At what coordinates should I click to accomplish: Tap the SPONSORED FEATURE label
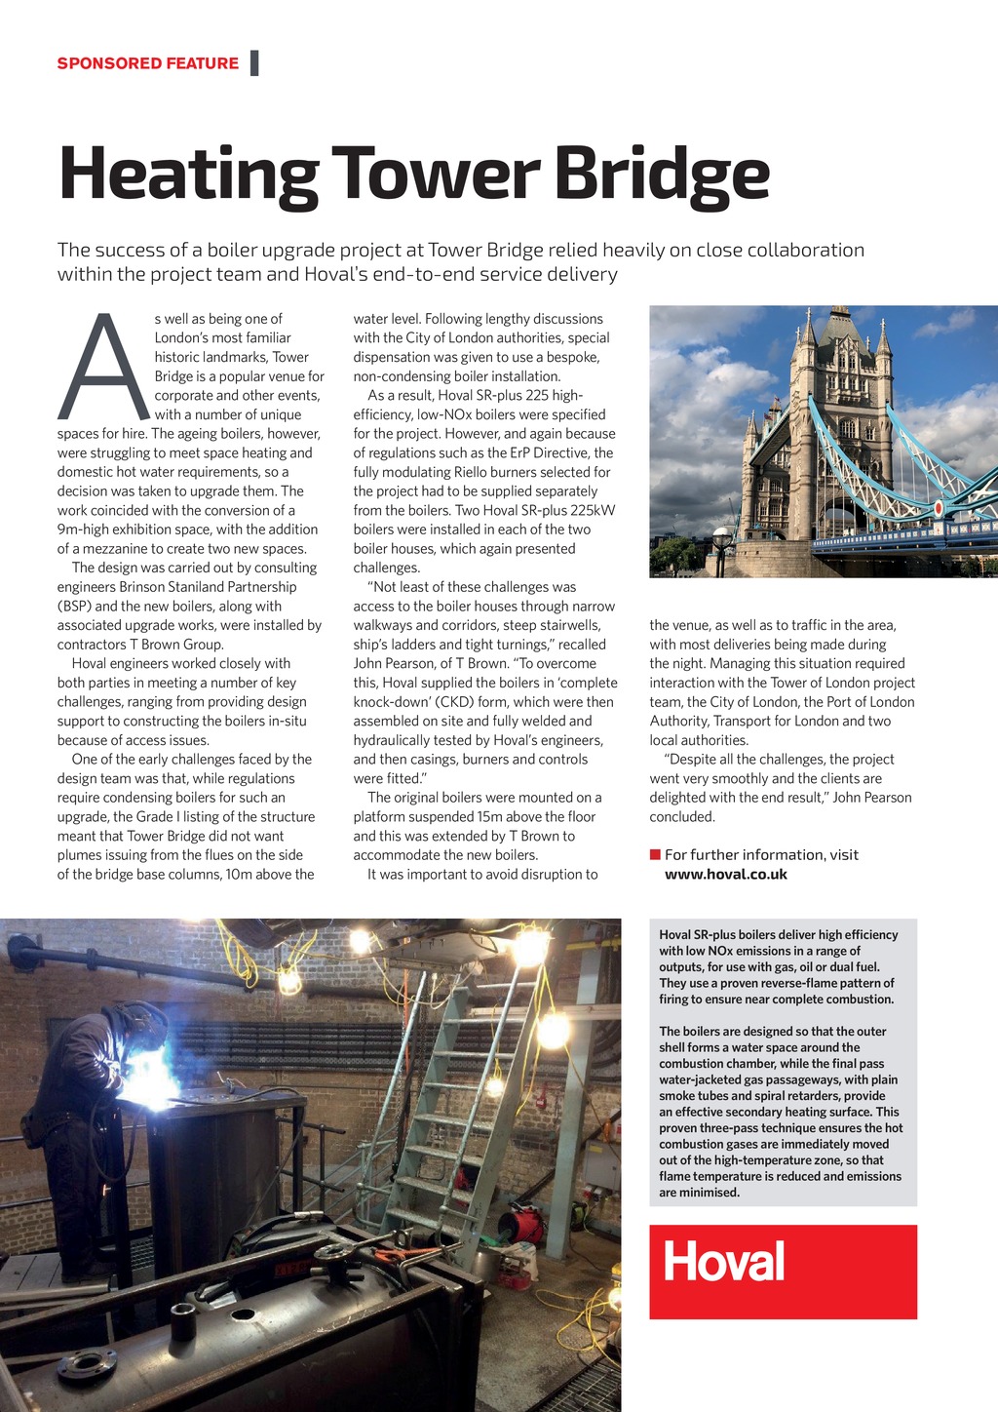pos(147,63)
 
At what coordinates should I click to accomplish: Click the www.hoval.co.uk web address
pos(725,875)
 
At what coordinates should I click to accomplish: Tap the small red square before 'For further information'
pos(655,855)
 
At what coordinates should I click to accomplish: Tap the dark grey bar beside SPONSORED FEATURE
pos(254,63)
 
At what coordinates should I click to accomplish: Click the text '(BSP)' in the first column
pos(74,607)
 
